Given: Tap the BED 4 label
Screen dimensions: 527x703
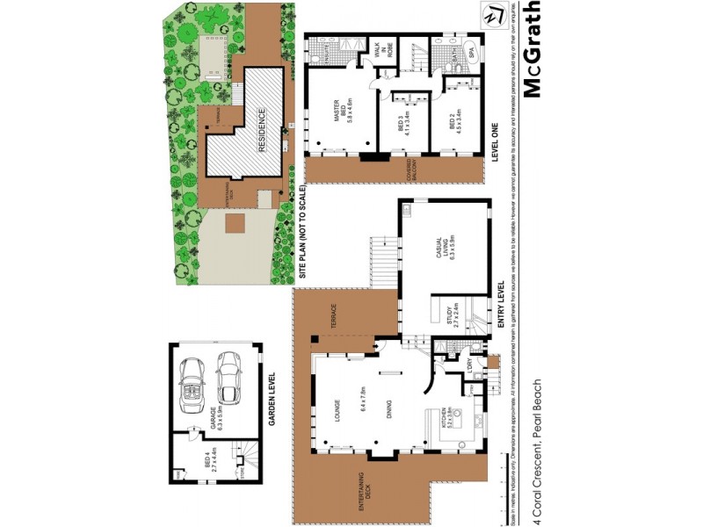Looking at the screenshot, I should [x=207, y=461].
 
